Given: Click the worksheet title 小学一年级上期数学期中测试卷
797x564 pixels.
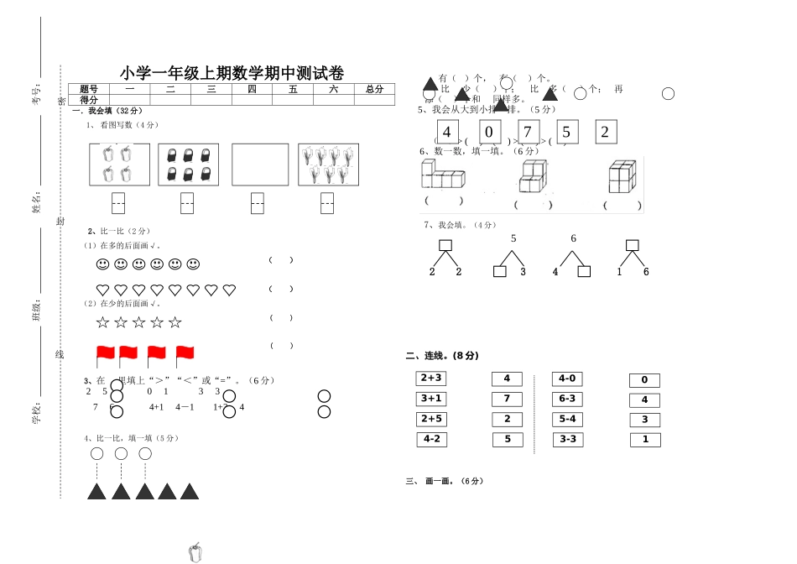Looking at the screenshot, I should [232, 73].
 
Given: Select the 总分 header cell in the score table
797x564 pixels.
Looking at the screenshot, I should [374, 89].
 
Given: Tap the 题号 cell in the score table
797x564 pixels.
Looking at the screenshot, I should [89, 89].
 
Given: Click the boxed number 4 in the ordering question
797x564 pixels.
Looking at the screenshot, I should [446, 132].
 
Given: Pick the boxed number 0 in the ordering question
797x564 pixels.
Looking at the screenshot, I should [490, 132].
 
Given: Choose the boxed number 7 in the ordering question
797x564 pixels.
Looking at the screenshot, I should [528, 132].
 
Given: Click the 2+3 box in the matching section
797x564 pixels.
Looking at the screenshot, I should [431, 379].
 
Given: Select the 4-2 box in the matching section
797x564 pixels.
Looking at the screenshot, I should [431, 439].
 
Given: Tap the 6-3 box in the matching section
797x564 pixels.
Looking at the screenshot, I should [567, 399].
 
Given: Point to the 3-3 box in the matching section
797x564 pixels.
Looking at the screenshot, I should [567, 439].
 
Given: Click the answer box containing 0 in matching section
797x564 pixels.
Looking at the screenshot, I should [644, 380].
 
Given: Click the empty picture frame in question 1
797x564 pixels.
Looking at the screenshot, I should [260, 164].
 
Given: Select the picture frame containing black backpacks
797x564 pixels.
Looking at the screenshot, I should [188, 164].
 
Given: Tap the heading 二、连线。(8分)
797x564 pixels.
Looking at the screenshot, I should [442, 356].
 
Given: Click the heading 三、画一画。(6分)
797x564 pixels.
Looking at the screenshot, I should [445, 482].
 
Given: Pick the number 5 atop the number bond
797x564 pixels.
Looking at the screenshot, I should [513, 239].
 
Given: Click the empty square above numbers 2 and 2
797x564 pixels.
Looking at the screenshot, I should [445, 246].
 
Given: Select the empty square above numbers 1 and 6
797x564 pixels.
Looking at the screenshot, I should [633, 246].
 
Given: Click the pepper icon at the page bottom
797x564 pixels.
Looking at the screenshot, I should [195, 552].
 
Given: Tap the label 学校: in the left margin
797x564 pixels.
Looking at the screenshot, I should [36, 415].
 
